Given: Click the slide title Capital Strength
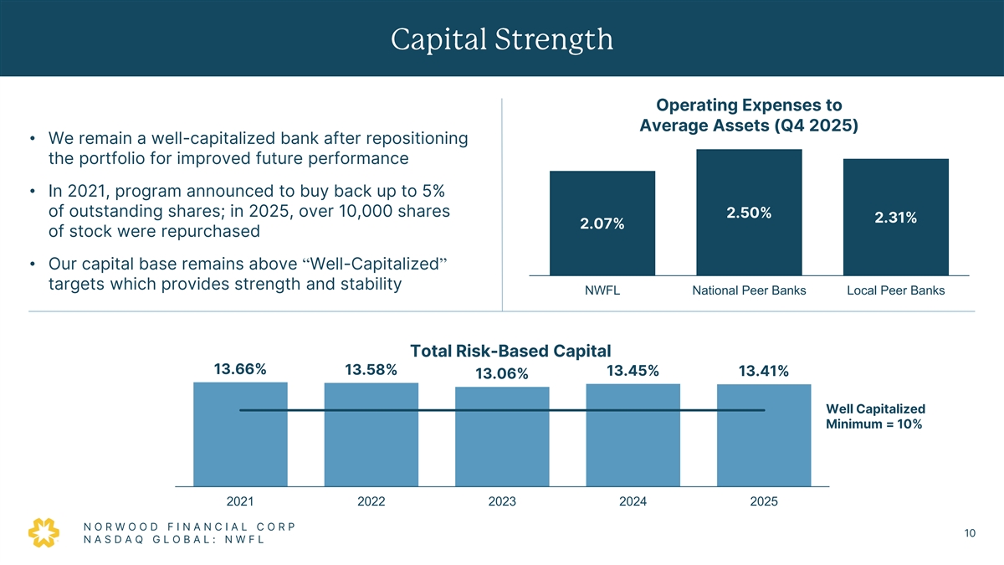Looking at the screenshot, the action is (x=501, y=39).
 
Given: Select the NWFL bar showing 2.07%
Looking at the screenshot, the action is (x=602, y=223).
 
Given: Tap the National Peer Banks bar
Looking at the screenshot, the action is (x=749, y=212).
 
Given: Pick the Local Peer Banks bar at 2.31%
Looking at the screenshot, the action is (x=896, y=217).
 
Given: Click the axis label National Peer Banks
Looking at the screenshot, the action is (x=749, y=290).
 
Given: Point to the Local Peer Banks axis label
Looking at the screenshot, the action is (x=896, y=290).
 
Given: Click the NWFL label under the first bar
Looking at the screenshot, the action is (x=602, y=290).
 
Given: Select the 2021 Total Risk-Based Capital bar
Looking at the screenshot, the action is (x=240, y=434).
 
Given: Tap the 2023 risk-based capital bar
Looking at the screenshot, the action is (x=502, y=436).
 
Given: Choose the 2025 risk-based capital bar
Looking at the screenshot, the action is (x=764, y=435).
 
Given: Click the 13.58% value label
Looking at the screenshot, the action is (x=371, y=370).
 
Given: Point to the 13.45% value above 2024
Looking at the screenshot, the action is (x=633, y=371).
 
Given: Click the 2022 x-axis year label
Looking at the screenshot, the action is (x=371, y=501).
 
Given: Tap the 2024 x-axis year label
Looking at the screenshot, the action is (x=633, y=501).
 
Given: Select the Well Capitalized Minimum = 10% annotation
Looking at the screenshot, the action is (x=875, y=416).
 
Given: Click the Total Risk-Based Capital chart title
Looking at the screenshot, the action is (x=510, y=351).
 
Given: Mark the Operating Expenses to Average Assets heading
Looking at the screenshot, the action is (x=749, y=116).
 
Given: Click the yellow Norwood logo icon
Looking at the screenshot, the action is (x=44, y=532).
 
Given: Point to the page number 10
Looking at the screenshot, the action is (x=970, y=533).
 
